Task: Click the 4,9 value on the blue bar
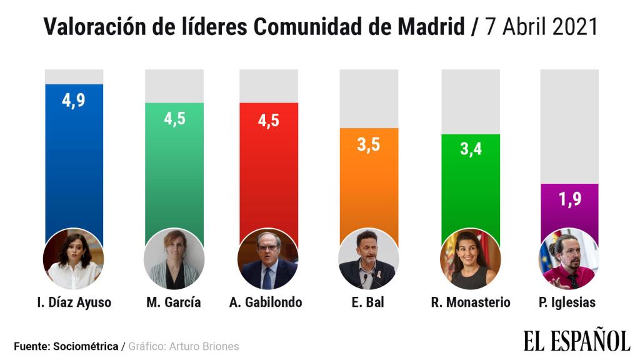74,101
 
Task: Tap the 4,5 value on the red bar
268,120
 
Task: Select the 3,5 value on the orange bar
368,145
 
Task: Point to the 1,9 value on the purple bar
569,201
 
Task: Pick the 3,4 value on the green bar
470,151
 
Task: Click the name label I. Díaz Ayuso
74,302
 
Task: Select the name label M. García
174,302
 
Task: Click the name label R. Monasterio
470,302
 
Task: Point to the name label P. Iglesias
567,302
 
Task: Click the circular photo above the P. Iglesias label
568,258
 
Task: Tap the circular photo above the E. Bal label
367,258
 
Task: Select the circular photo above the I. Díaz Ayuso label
74,258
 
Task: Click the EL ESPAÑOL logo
576,341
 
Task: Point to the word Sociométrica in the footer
86,346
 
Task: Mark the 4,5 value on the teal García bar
174,118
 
